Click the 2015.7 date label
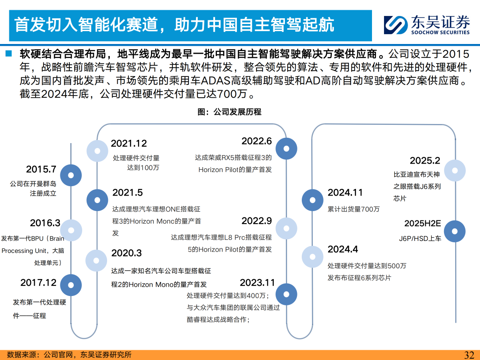[41, 169]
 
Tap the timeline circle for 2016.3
[71, 230]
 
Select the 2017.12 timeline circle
[71, 285]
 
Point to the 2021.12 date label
[128, 143]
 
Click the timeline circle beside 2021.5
[97, 200]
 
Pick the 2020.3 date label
[126, 253]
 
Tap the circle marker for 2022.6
[286, 149]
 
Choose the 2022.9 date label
[256, 221]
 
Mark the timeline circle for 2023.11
[286, 294]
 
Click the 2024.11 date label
[345, 192]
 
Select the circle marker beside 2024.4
[312, 257]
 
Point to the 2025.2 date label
[425, 160]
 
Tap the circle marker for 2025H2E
[455, 232]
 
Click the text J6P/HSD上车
[420, 239]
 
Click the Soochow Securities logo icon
[396, 25]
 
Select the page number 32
[469, 355]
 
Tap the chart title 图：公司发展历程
[229, 112]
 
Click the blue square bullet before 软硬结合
[8, 53]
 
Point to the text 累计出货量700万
[354, 209]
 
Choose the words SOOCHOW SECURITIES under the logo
[440, 32]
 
